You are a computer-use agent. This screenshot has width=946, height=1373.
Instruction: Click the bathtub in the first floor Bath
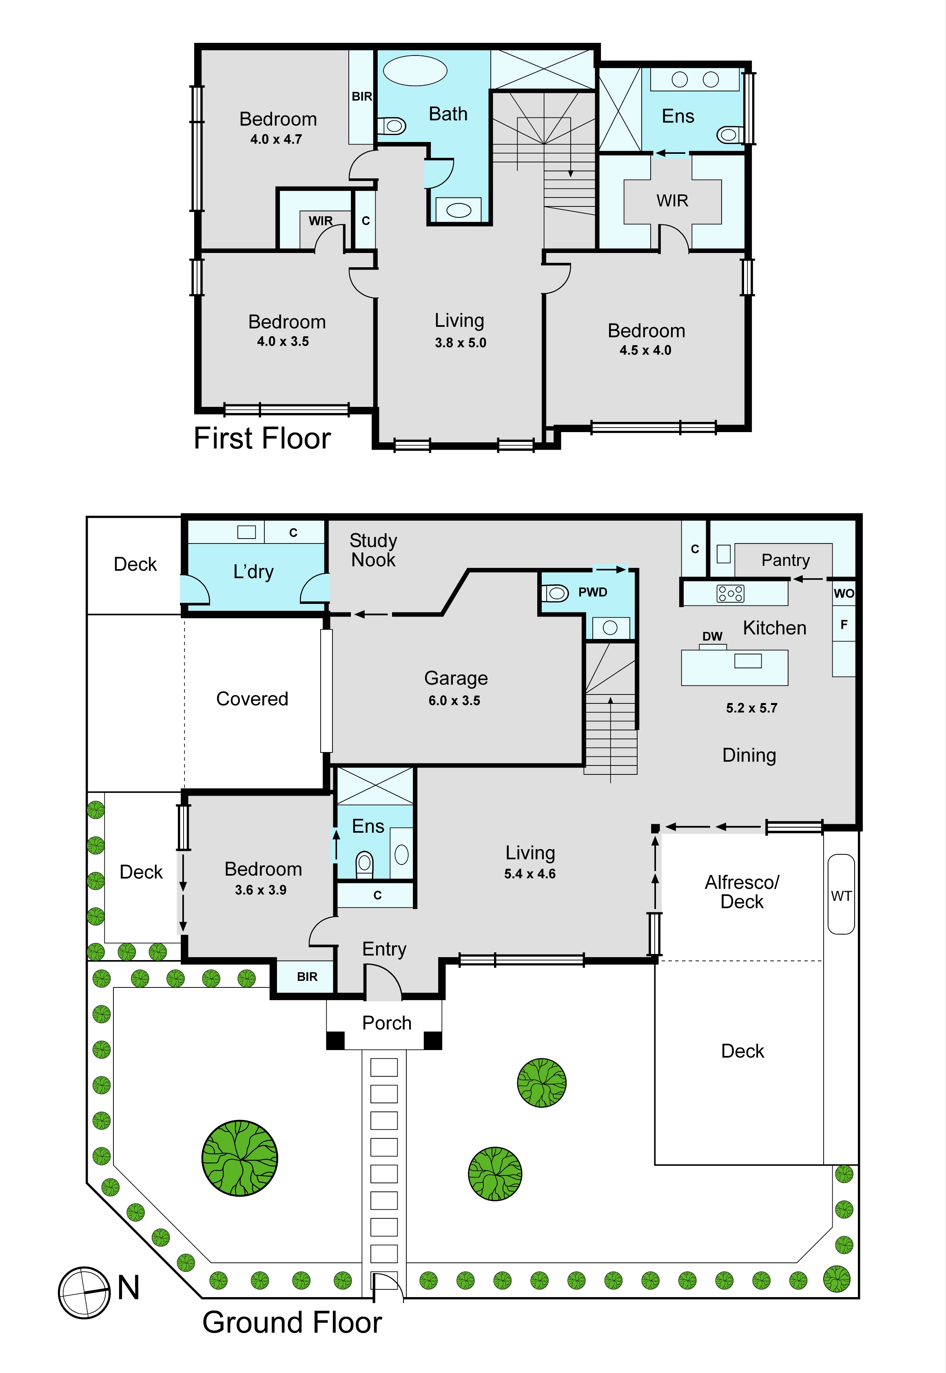coord(415,71)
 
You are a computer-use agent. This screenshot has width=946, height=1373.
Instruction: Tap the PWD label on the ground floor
coord(593,592)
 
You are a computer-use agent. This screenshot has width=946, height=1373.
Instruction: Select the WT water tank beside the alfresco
coord(841,894)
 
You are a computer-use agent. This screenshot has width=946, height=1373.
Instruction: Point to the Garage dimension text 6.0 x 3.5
coord(454,700)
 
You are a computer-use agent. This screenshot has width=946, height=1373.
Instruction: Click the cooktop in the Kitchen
coord(730,593)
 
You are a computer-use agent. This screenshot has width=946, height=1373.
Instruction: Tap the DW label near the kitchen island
coord(713,636)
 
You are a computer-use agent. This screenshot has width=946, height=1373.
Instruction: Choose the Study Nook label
coord(373,550)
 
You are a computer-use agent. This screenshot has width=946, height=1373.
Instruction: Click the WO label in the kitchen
coord(844,593)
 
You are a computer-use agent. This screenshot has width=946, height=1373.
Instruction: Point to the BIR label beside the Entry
coord(307,977)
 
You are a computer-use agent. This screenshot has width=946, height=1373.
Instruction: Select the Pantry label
coord(785,560)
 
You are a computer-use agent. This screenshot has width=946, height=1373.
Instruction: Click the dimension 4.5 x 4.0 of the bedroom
coord(645,350)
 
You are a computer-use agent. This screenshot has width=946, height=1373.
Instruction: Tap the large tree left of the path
coord(239,1158)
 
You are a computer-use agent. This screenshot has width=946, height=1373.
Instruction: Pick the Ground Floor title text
coord(292,1323)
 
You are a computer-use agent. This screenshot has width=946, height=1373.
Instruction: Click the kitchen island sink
coord(748,661)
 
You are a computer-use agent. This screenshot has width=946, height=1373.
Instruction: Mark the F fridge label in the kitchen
coord(844,625)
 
